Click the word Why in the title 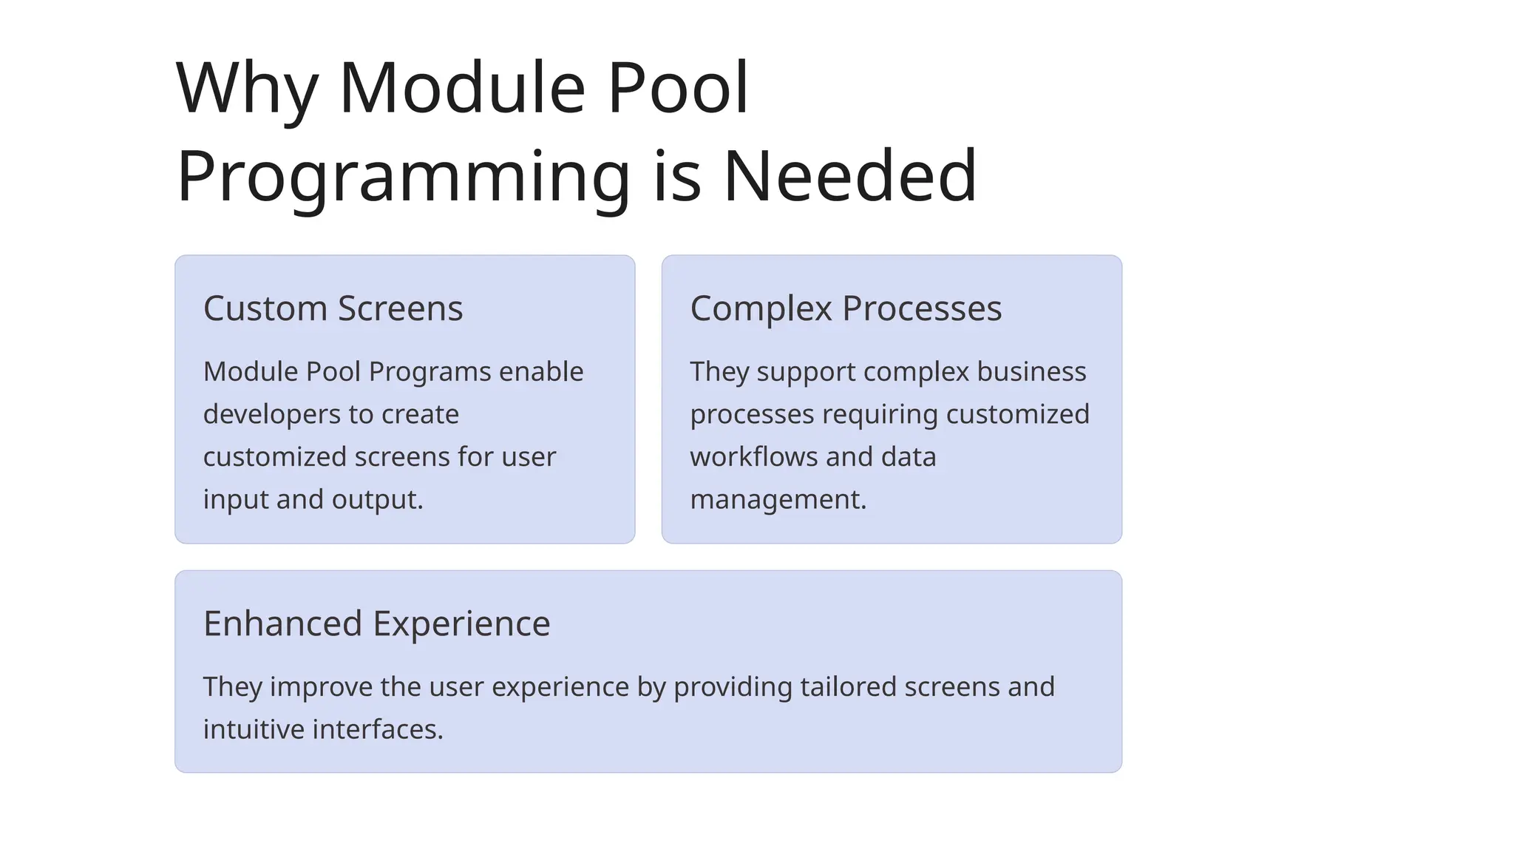247,89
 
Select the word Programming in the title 403,177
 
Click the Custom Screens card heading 333,308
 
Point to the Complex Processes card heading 846,308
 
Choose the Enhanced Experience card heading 376,623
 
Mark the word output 377,500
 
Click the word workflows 754,457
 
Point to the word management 778,500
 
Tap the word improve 321,687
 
